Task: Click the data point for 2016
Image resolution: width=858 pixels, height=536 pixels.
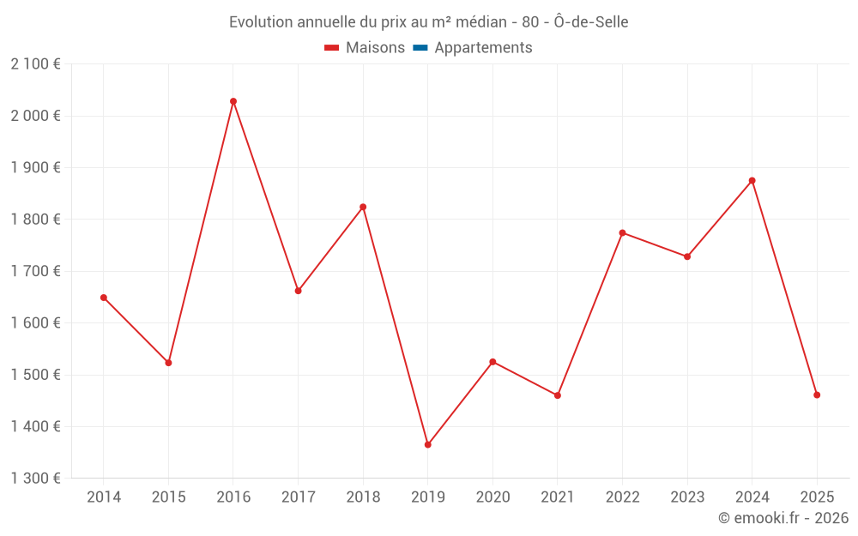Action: (233, 101)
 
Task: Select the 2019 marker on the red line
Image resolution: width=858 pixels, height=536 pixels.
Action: (428, 444)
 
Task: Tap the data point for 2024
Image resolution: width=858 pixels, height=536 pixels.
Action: (752, 180)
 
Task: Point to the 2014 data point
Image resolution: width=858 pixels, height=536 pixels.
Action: (104, 298)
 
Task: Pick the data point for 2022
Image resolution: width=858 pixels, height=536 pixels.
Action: (622, 232)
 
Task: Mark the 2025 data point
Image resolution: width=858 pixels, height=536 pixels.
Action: (817, 394)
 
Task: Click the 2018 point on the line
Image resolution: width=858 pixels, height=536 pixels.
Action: (363, 207)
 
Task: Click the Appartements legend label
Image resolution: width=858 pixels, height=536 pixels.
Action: (483, 48)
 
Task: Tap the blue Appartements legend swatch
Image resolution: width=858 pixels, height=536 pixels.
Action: (420, 48)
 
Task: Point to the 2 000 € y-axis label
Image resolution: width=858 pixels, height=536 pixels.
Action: (36, 116)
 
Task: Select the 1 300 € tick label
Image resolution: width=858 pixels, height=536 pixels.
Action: (36, 479)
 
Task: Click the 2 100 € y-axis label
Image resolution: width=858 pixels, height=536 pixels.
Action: (36, 64)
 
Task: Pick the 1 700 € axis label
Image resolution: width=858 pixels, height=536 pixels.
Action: (36, 271)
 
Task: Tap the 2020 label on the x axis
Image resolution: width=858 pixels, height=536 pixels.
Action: (492, 497)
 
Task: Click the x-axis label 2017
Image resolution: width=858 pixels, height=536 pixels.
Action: (298, 497)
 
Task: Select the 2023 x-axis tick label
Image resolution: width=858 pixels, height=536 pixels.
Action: (687, 497)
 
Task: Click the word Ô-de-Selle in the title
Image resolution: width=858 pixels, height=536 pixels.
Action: (592, 22)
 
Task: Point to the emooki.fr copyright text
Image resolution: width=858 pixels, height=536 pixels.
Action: (783, 518)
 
